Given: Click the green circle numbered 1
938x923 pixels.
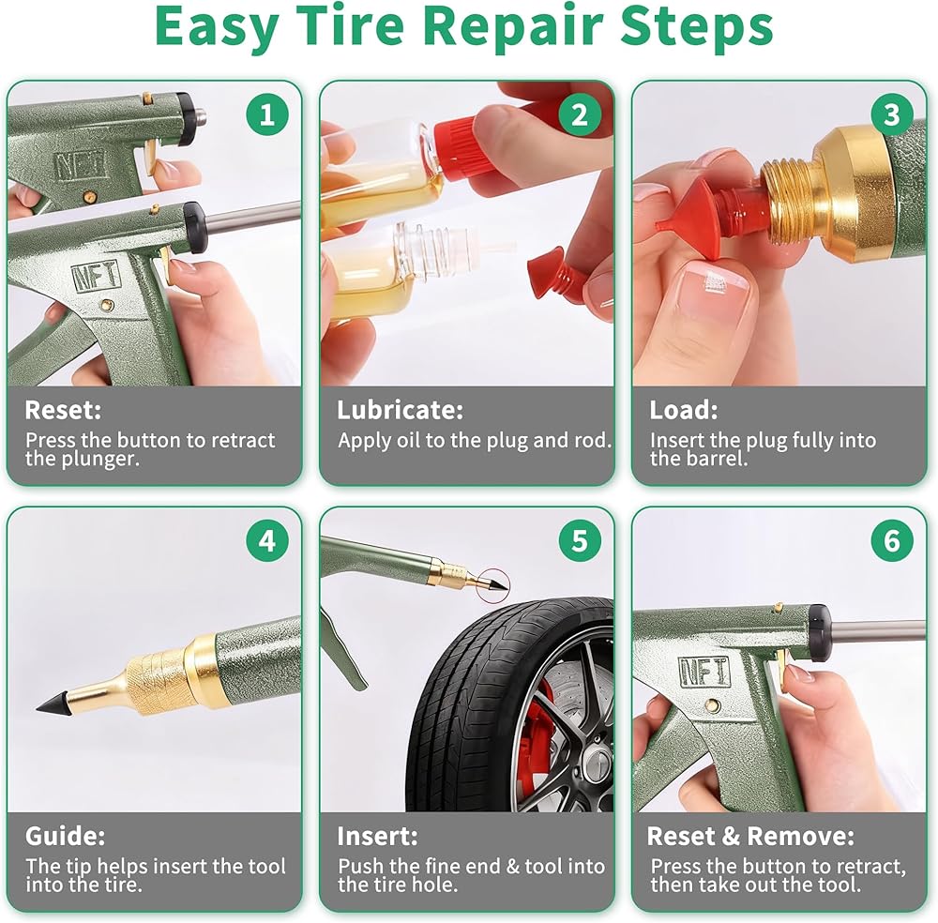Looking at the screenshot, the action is pos(266,114).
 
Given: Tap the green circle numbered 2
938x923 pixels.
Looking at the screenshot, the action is pos(579,114).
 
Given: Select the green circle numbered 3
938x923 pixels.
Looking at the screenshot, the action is pos(891,114).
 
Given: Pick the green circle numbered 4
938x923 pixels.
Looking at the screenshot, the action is pos(266,540).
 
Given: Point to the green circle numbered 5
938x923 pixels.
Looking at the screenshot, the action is pos(579,540).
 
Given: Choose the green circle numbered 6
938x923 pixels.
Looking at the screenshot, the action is pos(891,540).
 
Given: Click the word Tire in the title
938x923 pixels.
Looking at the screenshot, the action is pos(350,26).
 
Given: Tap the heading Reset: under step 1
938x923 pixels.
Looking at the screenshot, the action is pos(63,410).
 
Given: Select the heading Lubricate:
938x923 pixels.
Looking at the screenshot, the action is pos(400,410).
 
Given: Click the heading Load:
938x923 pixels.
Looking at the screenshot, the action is pos(683,410).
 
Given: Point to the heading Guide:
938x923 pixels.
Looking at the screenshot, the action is pos(65,837).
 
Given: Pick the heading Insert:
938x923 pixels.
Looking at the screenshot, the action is pos(377,837).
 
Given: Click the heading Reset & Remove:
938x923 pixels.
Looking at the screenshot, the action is pos(750,837).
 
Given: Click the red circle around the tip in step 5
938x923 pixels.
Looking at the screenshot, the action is pos(493,583).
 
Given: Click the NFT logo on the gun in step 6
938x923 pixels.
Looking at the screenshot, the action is pos(704,672).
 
